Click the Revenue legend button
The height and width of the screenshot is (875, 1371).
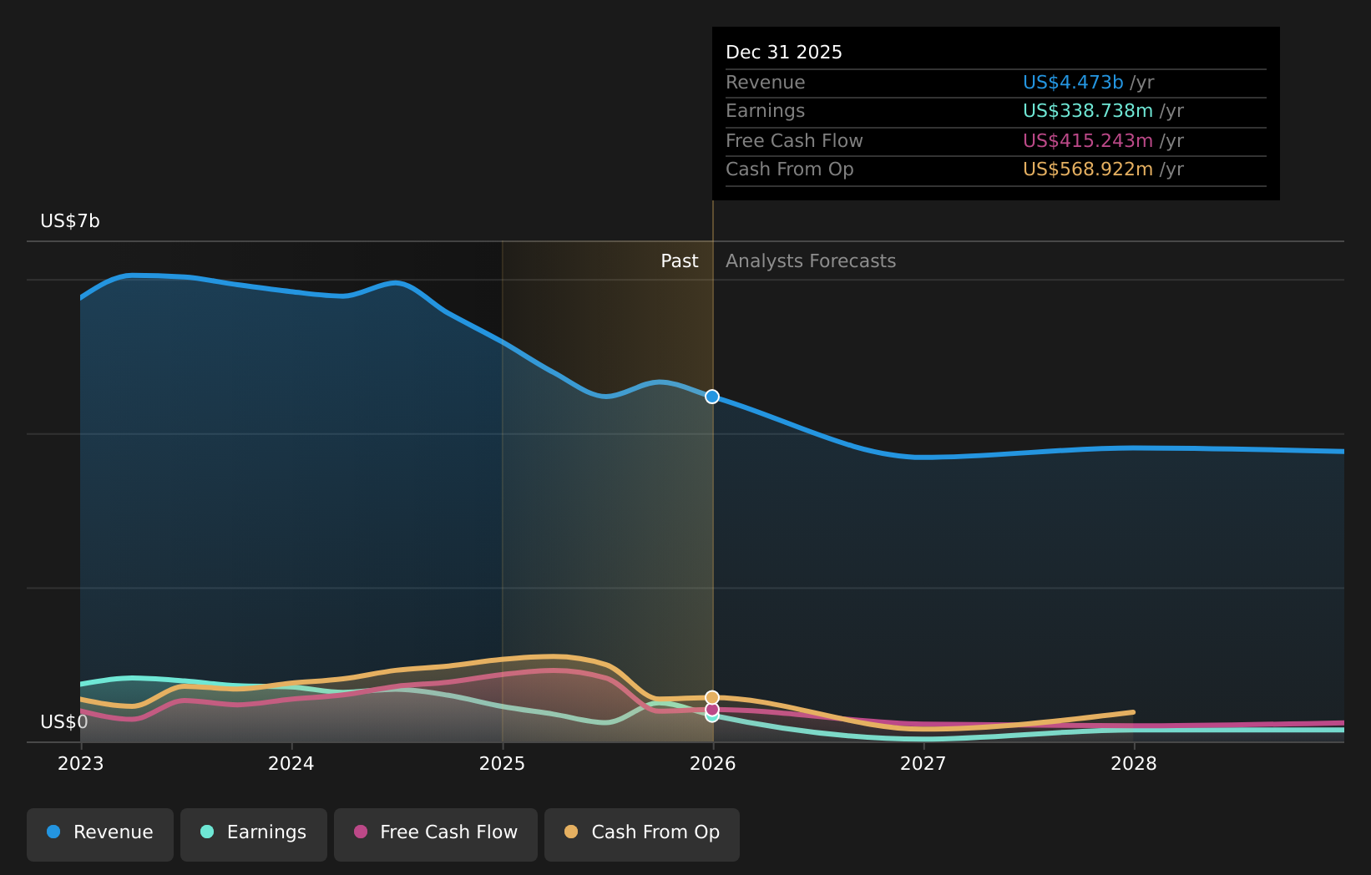click(x=100, y=833)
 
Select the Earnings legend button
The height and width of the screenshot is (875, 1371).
click(x=254, y=833)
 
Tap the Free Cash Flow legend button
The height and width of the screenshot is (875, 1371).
click(x=436, y=833)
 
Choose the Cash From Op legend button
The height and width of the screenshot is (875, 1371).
click(x=642, y=833)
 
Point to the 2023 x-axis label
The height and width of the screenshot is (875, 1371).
click(x=80, y=764)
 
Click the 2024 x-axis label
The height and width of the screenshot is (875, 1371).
click(x=291, y=764)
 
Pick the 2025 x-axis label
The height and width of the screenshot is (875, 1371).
click(x=502, y=764)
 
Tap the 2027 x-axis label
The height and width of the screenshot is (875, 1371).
click(x=923, y=764)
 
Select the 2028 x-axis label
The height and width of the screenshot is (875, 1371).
click(x=1133, y=764)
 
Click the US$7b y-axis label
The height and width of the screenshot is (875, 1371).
click(x=70, y=221)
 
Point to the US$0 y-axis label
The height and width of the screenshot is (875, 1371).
click(x=63, y=722)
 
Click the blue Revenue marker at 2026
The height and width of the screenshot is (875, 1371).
click(x=712, y=397)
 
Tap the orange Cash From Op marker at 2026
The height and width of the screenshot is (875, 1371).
click(x=712, y=697)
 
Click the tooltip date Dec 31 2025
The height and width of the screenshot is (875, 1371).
click(x=784, y=53)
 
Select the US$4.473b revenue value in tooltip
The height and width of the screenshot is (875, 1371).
click(x=1073, y=83)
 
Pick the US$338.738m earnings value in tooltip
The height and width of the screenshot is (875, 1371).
click(x=1087, y=111)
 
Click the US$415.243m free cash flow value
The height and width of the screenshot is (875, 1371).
click(x=1087, y=141)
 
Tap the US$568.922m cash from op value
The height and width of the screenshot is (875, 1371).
click(x=1087, y=169)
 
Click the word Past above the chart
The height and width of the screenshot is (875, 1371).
click(x=679, y=261)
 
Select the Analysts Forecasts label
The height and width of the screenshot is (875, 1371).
click(x=811, y=261)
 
